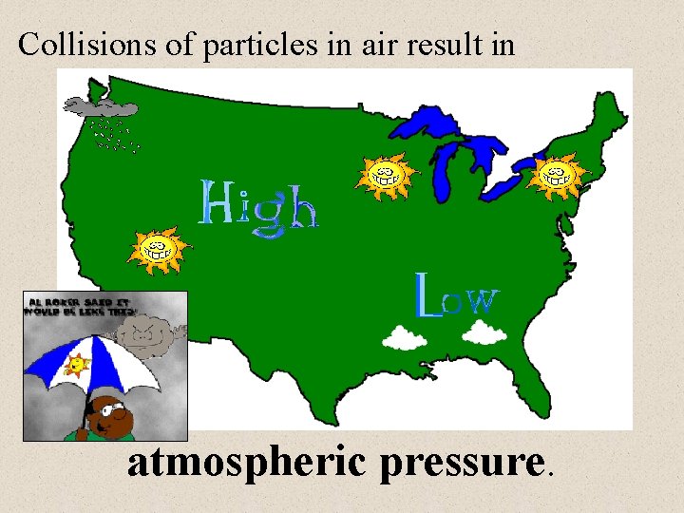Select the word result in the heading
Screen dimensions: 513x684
click(447, 45)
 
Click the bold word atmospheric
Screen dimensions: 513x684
click(248, 464)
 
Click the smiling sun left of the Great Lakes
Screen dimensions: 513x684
click(384, 175)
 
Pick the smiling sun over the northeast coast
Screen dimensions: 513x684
click(554, 175)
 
